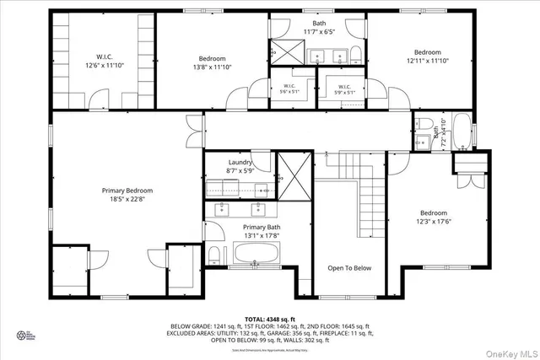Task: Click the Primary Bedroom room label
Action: click(127, 196)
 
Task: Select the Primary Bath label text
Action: click(261, 232)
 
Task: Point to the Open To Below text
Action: click(349, 268)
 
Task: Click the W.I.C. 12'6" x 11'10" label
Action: click(103, 61)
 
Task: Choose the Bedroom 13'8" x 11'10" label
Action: click(212, 62)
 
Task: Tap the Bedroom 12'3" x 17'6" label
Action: click(434, 218)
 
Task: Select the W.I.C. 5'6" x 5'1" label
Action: click(289, 88)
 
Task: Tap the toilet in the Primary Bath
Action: click(214, 254)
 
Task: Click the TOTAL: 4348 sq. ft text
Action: click(271, 318)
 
